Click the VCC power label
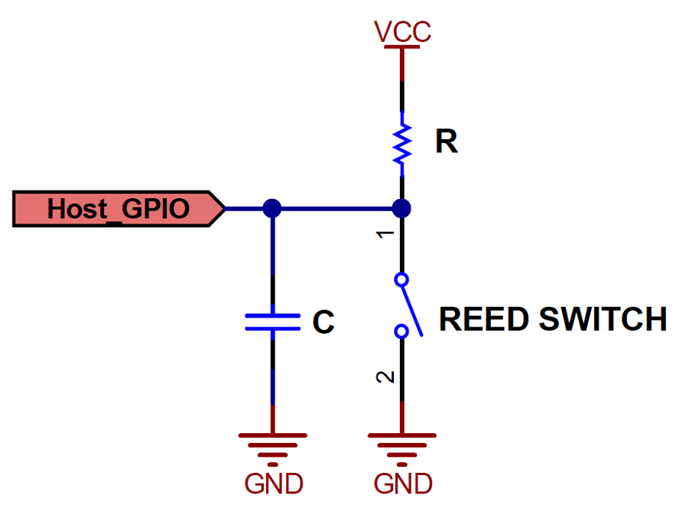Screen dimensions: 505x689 tap(402, 31)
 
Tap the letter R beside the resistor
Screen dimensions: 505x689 tap(447, 142)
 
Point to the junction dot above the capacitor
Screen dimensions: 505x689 tap(271, 208)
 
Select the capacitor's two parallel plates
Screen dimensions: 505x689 tap(272, 322)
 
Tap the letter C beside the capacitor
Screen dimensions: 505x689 tap(323, 323)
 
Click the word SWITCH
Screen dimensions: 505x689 tap(603, 319)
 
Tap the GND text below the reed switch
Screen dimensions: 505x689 tap(403, 484)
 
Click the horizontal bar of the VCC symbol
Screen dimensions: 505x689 tap(402, 47)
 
